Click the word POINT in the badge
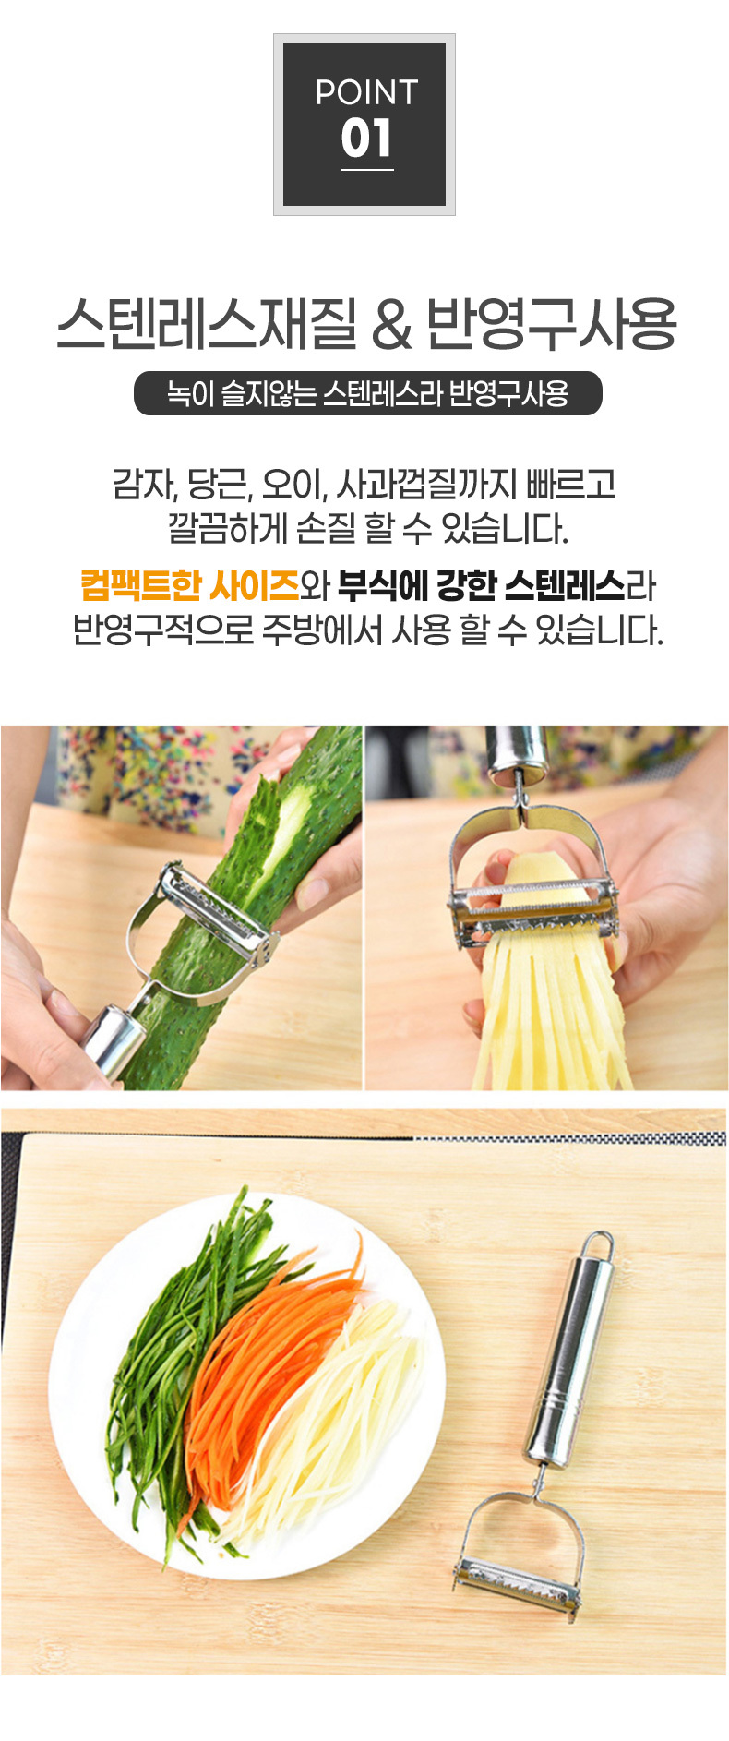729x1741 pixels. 366,92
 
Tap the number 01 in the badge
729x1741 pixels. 366,138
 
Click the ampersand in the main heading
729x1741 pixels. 392,325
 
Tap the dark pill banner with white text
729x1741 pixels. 367,393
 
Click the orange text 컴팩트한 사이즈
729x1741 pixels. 190,585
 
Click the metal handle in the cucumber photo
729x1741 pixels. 110,1039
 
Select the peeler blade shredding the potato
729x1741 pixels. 533,908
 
